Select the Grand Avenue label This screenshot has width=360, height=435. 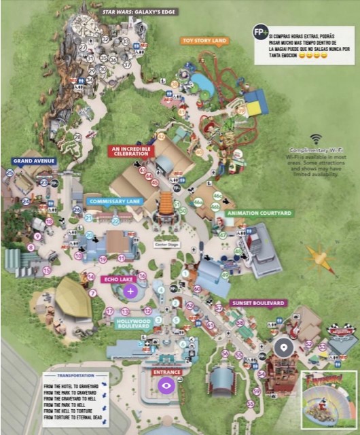pos(33,161)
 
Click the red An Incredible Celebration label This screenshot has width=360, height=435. pos(131,150)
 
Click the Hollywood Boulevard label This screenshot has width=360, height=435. pos(132,324)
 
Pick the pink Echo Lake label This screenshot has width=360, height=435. pos(117,279)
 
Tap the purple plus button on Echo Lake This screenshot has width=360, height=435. pos(130,291)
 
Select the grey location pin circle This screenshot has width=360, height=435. pos(283,347)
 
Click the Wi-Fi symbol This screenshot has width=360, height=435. pos(317,139)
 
